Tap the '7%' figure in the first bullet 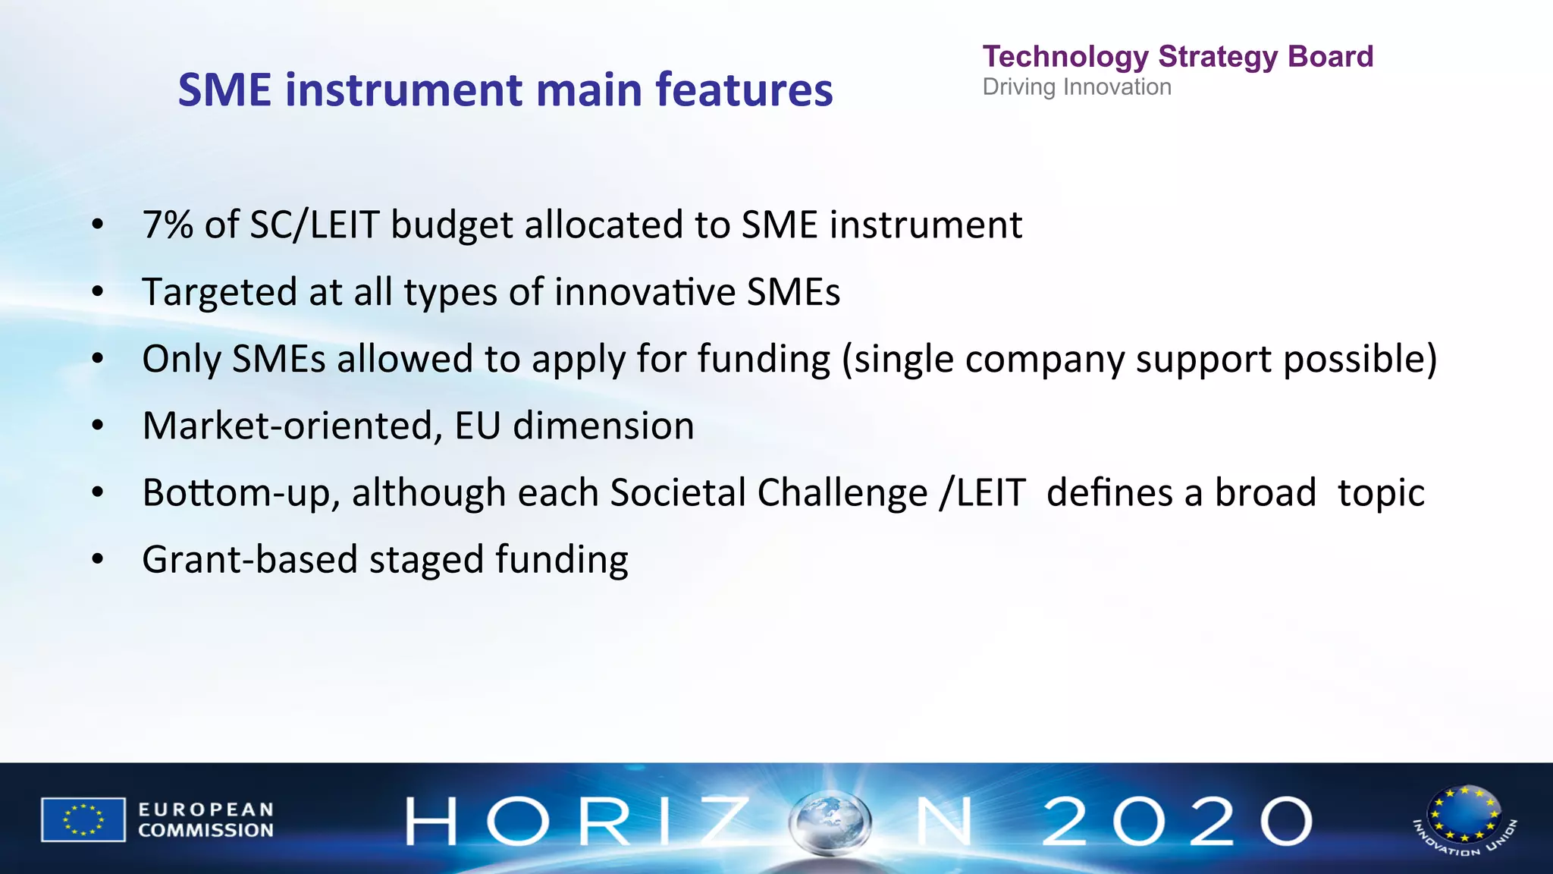pyautogui.click(x=168, y=225)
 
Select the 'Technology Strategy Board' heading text pyautogui.click(x=1178, y=57)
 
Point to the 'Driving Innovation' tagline pyautogui.click(x=1077, y=87)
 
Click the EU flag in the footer pyautogui.click(x=83, y=819)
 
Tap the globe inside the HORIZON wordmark pyautogui.click(x=830, y=822)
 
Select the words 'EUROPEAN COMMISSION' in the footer pyautogui.click(x=205, y=820)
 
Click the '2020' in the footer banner pyautogui.click(x=1176, y=821)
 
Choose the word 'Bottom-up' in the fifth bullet pyautogui.click(x=241, y=493)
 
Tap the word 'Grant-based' pyautogui.click(x=249, y=560)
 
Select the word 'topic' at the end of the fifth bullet pyautogui.click(x=1381, y=493)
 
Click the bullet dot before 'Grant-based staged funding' pyautogui.click(x=97, y=560)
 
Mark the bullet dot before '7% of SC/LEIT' pyautogui.click(x=97, y=225)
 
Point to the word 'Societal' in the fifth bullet pyautogui.click(x=678, y=493)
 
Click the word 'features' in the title pyautogui.click(x=744, y=90)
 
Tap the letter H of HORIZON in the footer pyautogui.click(x=431, y=822)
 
